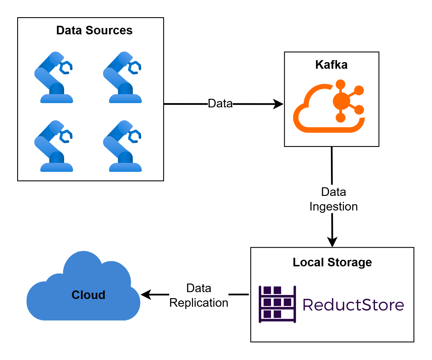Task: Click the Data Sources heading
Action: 94,30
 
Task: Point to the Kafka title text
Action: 331,65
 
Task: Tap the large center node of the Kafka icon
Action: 341,101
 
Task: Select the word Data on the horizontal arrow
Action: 220,103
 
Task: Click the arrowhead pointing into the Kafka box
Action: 278,104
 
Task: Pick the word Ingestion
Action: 334,206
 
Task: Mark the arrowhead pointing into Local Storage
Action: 332,242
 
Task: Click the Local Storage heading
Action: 332,262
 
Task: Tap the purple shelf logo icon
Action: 277,304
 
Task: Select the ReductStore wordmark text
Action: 353,305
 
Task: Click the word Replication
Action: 199,303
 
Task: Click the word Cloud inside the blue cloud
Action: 88,295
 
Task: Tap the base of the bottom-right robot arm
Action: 125,167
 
